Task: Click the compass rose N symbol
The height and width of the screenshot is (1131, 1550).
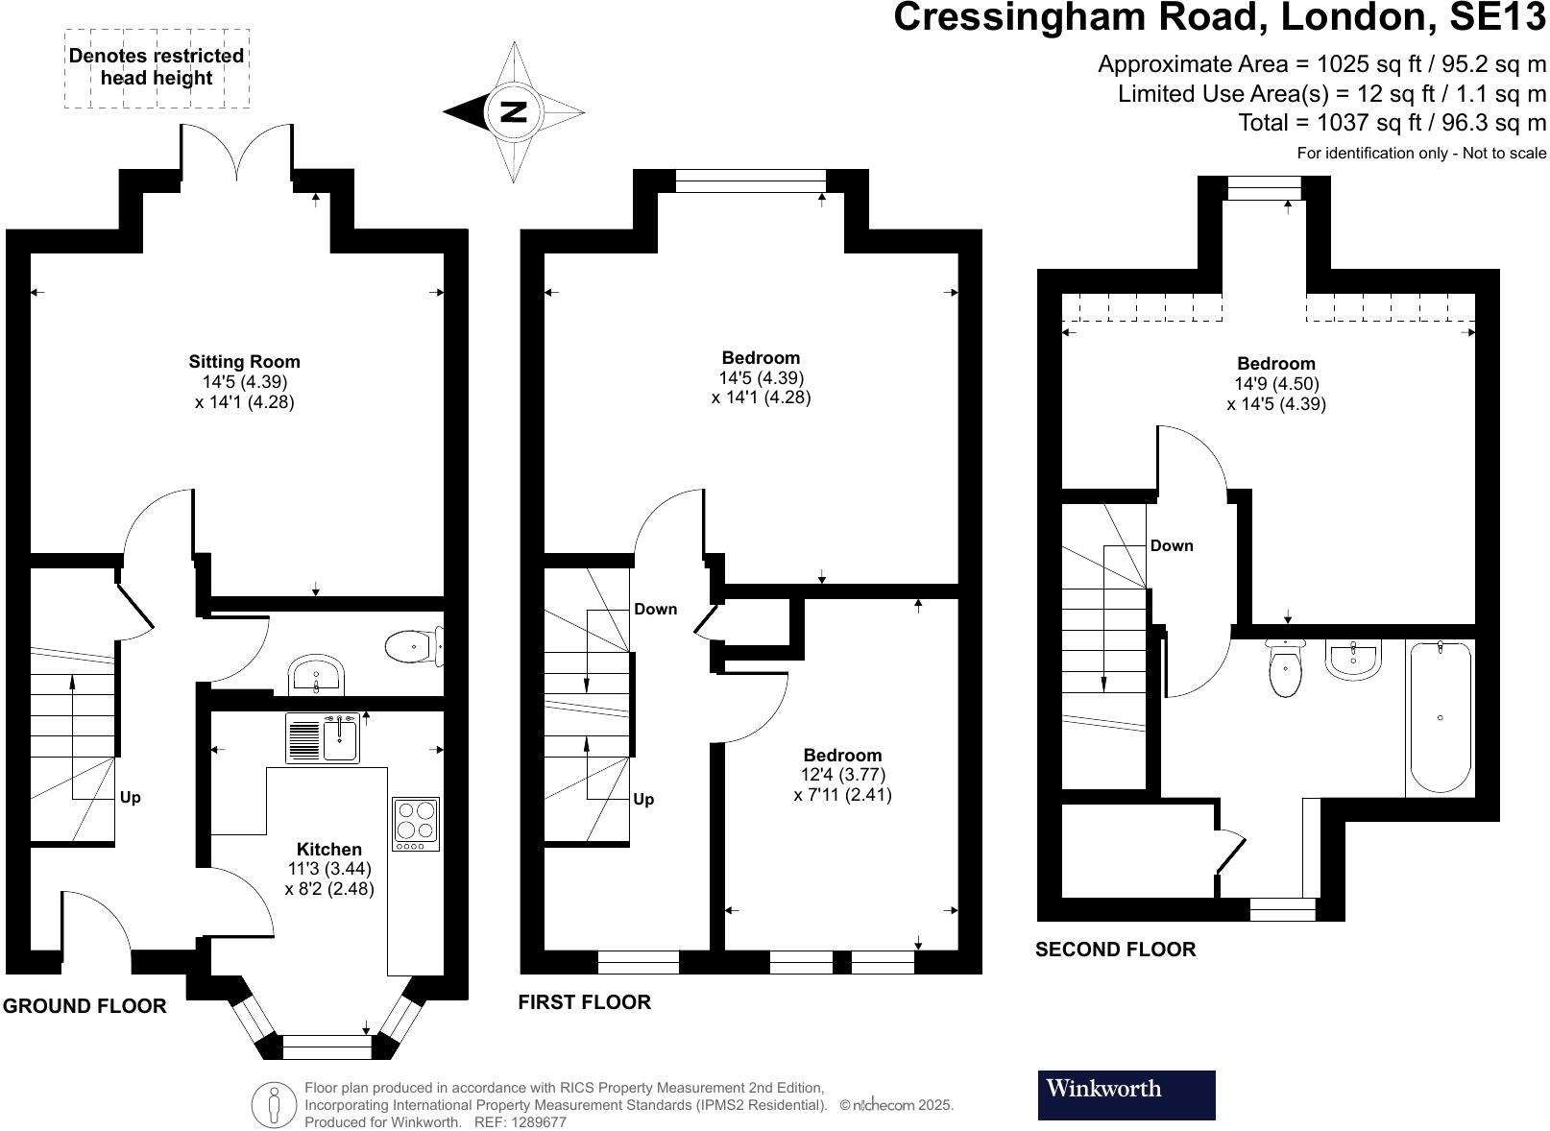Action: tap(514, 111)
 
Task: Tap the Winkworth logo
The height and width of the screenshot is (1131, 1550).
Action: tap(1126, 1095)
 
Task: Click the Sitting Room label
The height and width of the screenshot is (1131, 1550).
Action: tap(244, 362)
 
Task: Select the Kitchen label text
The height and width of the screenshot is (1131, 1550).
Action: tap(329, 849)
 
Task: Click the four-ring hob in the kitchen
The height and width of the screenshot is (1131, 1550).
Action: tap(416, 823)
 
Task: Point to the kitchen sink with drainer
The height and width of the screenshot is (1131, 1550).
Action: tap(323, 737)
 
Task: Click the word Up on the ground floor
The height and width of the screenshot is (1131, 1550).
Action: tap(131, 797)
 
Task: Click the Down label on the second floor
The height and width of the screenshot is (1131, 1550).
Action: tap(1172, 545)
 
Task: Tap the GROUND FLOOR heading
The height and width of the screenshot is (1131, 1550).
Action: tap(85, 1005)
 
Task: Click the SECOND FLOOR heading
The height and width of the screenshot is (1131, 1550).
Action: tap(1115, 949)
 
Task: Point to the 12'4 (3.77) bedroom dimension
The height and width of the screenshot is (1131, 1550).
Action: tap(842, 775)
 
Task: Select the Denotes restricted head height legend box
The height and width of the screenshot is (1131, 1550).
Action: tap(157, 67)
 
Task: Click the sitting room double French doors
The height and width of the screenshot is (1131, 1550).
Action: tap(236, 154)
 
